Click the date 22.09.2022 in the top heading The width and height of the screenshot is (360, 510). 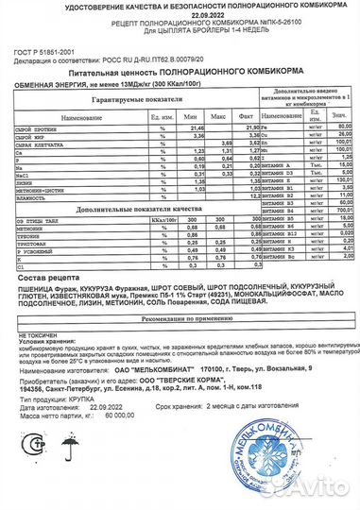point(179,15)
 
